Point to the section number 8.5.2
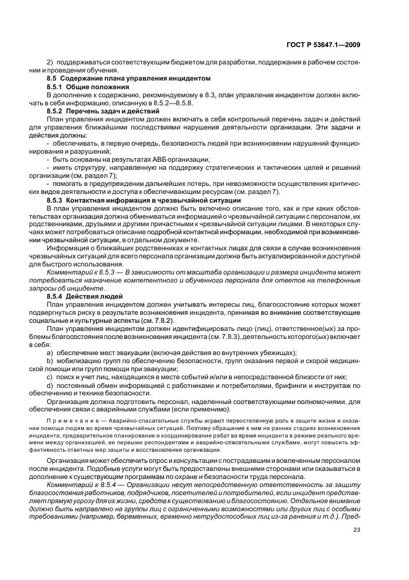coord(56,110)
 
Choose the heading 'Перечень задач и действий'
coord(108,110)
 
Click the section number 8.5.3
coord(56,201)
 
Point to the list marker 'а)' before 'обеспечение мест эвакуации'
coord(50,352)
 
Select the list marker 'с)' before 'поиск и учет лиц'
coord(50,376)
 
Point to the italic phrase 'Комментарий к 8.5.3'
coord(78,273)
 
